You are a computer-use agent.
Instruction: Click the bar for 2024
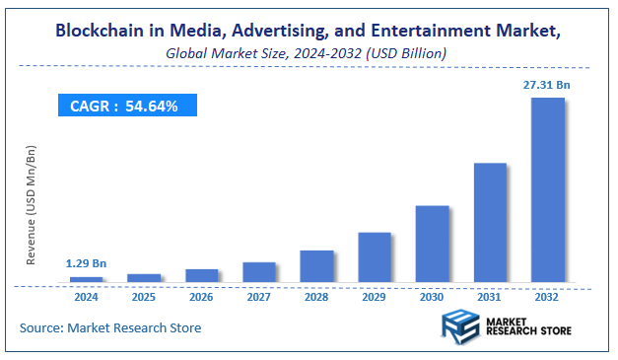tap(87, 279)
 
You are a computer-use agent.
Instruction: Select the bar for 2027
tap(259, 272)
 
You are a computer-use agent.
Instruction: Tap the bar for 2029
tap(375, 257)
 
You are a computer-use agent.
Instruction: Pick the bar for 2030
tap(432, 244)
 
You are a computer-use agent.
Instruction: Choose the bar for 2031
tap(490, 223)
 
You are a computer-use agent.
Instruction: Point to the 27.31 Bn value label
tap(546, 86)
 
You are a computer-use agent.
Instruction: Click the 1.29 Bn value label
tap(87, 263)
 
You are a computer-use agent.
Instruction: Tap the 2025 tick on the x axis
tap(144, 296)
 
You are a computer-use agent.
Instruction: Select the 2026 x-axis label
tap(201, 296)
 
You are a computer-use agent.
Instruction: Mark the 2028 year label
tap(316, 296)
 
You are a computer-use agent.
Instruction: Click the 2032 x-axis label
tap(547, 296)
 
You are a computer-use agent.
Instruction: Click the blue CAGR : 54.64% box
tap(125, 106)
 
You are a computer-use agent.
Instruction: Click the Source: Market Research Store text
tap(110, 326)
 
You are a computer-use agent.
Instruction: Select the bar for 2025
tap(144, 278)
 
